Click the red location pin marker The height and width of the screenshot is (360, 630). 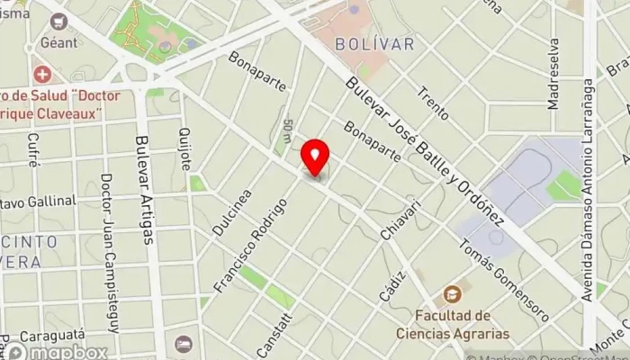click(315, 157)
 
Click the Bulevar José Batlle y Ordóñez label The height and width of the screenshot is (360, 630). click(428, 153)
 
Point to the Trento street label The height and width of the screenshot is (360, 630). click(433, 104)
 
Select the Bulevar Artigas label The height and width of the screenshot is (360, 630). click(143, 189)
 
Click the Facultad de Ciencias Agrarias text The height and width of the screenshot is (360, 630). click(454, 324)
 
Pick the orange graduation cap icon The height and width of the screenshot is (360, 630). click(452, 294)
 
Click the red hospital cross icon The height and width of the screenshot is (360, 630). click(40, 74)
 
